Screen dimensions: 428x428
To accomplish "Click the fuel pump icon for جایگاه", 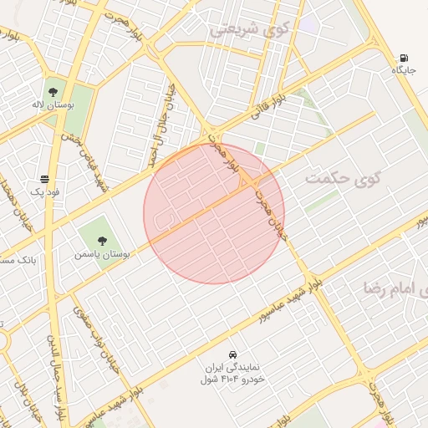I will [405, 59].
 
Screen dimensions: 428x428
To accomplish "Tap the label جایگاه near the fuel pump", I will [405, 70].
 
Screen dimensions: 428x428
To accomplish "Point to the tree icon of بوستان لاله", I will [53, 92].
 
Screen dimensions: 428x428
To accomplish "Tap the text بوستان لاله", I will [53, 106].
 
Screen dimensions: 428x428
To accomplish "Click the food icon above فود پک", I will [43, 179].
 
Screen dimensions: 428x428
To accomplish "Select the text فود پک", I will [43, 192].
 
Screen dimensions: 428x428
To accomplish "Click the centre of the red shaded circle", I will [214, 213].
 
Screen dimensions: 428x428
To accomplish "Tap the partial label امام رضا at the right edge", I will [396, 288].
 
